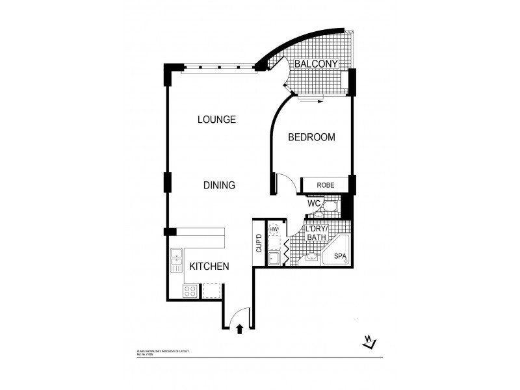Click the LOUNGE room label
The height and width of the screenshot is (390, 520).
pos(216,120)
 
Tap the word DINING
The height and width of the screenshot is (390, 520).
pos(218,185)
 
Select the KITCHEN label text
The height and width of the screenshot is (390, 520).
pos(209,266)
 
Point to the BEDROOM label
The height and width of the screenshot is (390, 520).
pos(311,137)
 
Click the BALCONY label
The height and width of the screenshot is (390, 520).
pos(315,64)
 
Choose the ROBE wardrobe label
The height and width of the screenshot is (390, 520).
pos(326,185)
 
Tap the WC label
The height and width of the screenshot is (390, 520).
pos(314,204)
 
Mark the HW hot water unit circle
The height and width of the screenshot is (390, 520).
pos(274,230)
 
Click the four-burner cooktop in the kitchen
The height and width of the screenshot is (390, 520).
pos(190,291)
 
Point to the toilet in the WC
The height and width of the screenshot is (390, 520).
pos(330,207)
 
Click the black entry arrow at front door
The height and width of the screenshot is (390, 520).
pos(240,328)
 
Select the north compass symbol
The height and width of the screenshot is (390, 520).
pos(367,342)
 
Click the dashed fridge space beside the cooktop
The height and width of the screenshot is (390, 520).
pos(212,291)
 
